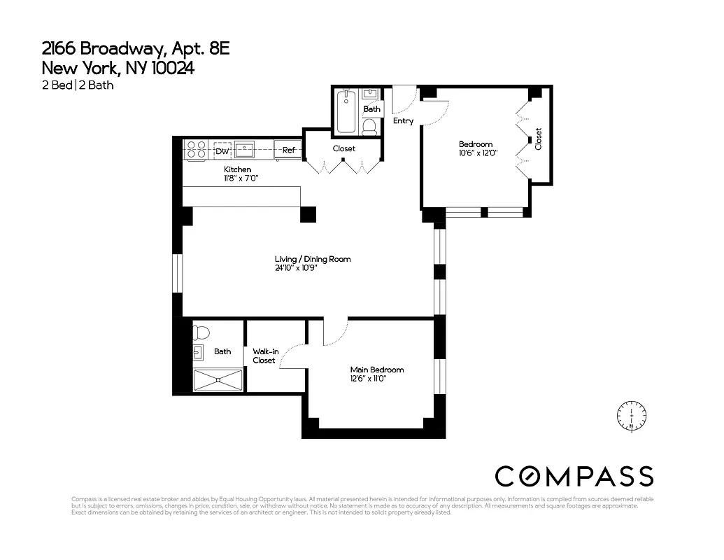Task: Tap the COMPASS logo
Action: coord(574,476)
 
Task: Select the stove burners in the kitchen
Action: coord(196,149)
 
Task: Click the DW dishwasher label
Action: coord(222,150)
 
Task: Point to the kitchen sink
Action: coord(244,149)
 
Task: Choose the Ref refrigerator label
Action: coord(288,150)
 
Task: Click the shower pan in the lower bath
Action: coord(218,380)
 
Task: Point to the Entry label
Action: coord(403,121)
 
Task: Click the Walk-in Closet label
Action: coord(264,356)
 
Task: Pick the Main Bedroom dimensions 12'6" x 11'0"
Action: coord(368,379)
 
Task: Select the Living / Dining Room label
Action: coord(313,259)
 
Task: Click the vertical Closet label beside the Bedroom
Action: coord(538,139)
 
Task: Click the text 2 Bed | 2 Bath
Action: coord(78,85)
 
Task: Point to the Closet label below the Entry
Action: coord(343,148)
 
